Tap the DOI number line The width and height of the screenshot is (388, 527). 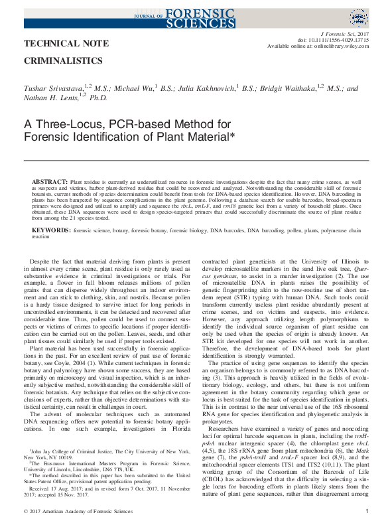(x=325, y=39)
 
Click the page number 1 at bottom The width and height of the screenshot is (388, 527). (x=367, y=510)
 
